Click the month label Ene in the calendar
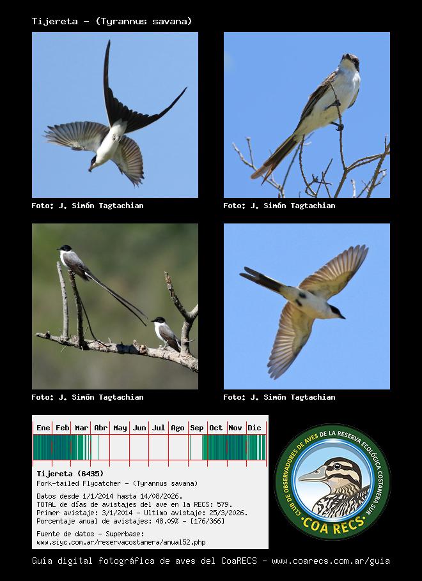(x=43, y=428)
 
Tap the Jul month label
(x=159, y=428)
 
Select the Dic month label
(x=254, y=428)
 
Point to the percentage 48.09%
(x=176, y=521)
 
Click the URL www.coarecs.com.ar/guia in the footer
(x=331, y=561)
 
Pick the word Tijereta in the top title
(x=55, y=21)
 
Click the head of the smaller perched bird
(x=159, y=320)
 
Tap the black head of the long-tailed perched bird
(x=65, y=248)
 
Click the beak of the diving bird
(x=90, y=169)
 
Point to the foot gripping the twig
(x=338, y=126)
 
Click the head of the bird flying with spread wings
(x=337, y=312)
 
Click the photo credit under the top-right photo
(x=279, y=206)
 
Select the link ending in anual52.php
(x=121, y=542)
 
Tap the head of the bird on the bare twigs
(x=350, y=61)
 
